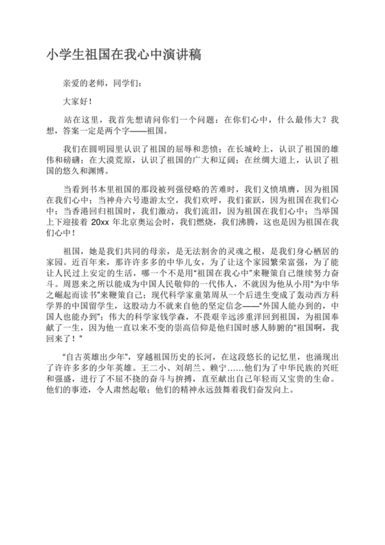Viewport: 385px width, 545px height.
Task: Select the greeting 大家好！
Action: point(76,101)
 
